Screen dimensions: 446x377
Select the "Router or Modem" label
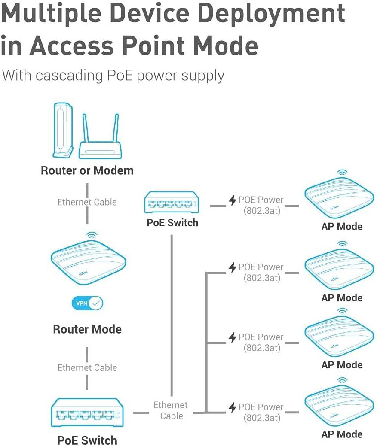coord(87,170)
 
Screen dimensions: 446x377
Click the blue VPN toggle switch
coord(87,303)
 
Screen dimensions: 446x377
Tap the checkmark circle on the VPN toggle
coord(96,303)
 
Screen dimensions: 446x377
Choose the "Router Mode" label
coord(87,329)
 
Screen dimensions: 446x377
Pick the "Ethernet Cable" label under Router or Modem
coord(87,202)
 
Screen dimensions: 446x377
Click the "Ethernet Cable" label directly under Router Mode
coord(87,368)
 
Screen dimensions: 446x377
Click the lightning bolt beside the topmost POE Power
coord(233,200)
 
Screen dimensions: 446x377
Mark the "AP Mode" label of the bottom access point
coord(342,434)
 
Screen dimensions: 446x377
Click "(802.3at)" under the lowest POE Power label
coord(262,418)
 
